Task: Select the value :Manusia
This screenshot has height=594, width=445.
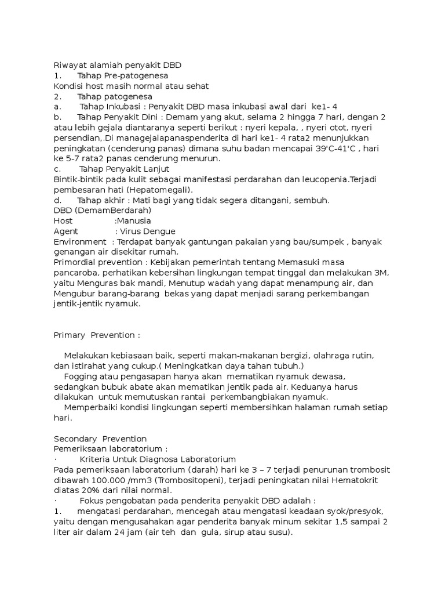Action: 133,221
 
